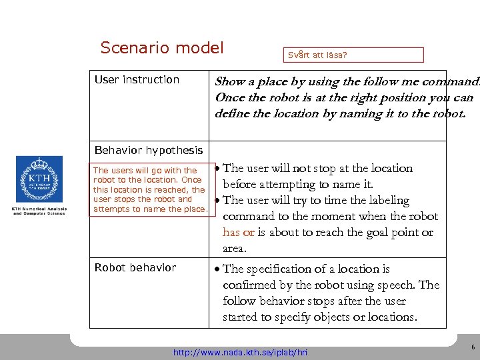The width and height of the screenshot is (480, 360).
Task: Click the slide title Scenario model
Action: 161,48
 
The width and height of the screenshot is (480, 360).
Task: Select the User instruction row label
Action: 137,80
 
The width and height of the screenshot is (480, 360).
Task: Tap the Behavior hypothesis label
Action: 149,151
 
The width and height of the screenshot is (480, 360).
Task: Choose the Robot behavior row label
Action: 135,268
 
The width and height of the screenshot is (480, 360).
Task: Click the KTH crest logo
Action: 39,179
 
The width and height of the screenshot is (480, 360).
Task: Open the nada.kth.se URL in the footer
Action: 240,351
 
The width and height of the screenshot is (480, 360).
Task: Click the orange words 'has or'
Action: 238,233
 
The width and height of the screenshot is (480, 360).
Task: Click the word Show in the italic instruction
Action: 229,82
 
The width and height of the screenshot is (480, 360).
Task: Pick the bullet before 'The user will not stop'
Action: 217,169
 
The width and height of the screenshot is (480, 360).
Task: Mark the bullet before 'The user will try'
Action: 217,201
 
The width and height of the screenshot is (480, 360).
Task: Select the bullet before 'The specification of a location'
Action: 217,270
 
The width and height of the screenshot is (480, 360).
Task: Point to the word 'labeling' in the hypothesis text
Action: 387,201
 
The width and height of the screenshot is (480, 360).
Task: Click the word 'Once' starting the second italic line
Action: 228,98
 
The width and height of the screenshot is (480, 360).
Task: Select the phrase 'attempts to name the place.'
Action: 150,209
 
